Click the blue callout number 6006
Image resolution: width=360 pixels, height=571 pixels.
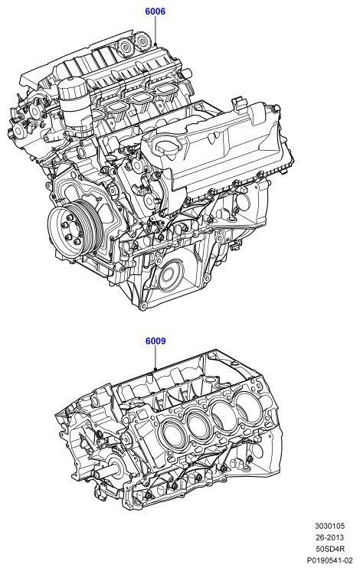pyautogui.click(x=155, y=11)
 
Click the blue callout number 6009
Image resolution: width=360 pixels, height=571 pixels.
pyautogui.click(x=155, y=341)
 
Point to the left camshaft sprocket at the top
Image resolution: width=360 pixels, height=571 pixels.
pyautogui.click(x=126, y=47)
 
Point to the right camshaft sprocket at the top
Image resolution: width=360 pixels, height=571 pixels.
pyautogui.click(x=140, y=43)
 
